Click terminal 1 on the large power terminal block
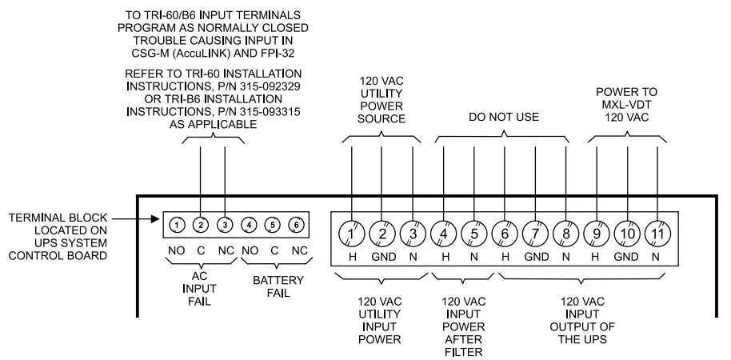352,233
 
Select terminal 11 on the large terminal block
657,233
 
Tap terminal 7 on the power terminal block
535,233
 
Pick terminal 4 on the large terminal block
443,233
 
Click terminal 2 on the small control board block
201,225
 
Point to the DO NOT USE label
504,117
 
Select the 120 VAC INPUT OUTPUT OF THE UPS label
581,319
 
